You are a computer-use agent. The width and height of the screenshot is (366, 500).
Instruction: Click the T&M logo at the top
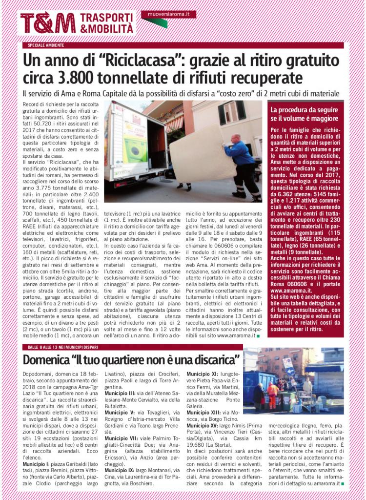click(x=48, y=23)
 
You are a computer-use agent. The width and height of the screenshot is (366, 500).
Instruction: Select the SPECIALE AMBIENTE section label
click(x=42, y=45)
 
